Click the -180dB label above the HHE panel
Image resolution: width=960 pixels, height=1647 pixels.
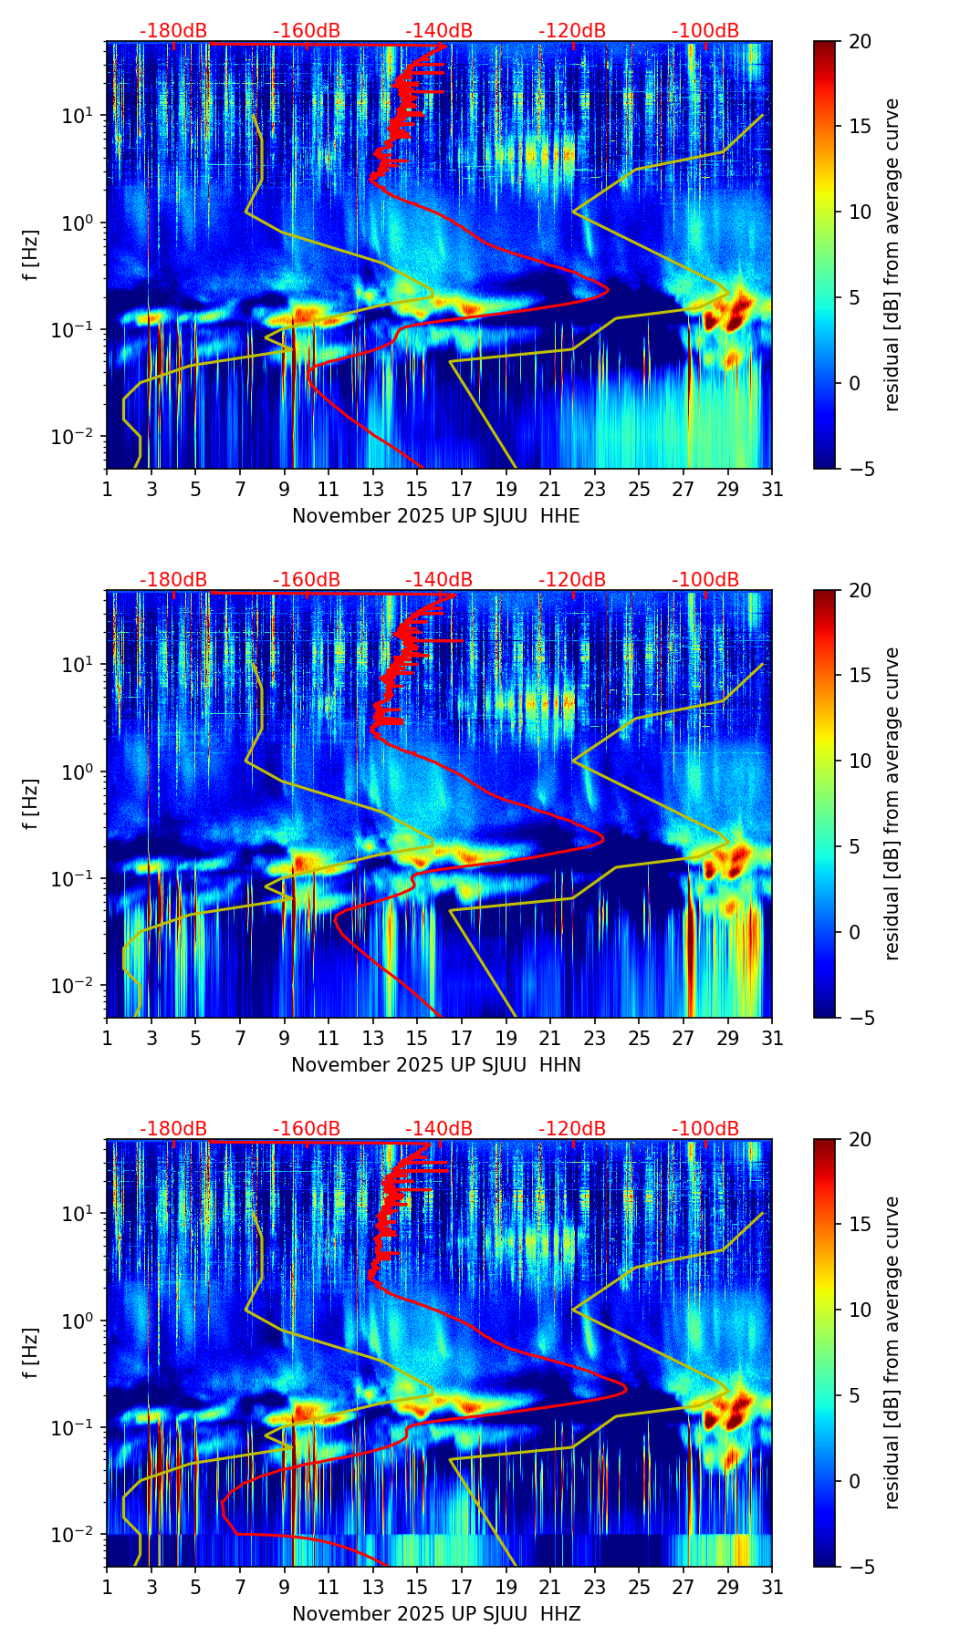[173, 31]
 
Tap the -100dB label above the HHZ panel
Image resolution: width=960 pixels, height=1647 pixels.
[705, 1129]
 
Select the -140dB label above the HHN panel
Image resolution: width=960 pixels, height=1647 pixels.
[439, 580]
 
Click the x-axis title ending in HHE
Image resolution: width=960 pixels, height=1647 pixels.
[436, 516]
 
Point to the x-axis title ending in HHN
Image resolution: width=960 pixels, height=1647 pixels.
[436, 1065]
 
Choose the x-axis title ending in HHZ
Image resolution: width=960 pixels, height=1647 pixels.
[436, 1614]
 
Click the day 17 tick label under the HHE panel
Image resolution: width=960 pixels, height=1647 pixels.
[462, 490]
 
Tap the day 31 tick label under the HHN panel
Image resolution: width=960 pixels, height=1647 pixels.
[772, 1039]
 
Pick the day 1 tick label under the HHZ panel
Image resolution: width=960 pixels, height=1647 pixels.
[107, 1588]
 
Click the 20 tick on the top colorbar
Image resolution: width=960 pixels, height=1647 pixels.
[860, 42]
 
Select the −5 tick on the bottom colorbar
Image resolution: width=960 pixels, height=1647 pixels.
[860, 1567]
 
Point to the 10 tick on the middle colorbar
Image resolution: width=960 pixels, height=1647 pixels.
[860, 761]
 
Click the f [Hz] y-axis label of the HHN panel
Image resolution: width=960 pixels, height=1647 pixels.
[31, 803]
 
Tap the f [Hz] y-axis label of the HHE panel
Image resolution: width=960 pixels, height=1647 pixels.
[31, 254]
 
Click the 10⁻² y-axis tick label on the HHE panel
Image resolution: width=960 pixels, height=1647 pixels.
[74, 437]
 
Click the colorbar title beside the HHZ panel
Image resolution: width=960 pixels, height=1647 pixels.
[892, 1352]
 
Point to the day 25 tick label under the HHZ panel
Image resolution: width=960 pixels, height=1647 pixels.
[639, 1588]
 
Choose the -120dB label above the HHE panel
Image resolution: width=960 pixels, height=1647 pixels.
[572, 31]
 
